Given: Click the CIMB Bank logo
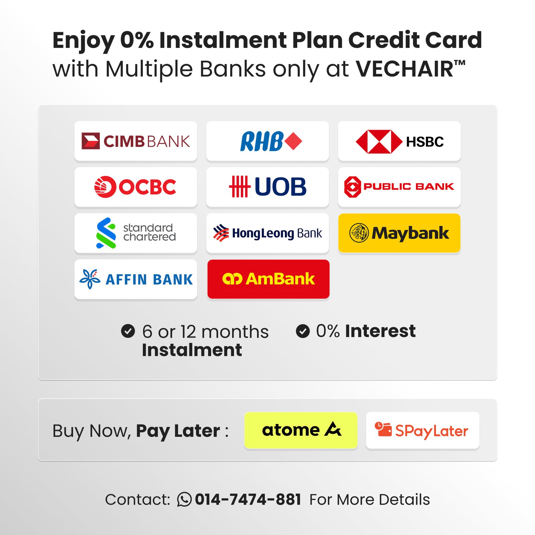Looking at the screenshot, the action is tap(136, 141).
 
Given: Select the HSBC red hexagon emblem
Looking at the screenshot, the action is tap(379, 141).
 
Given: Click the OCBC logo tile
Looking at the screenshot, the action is tap(136, 187).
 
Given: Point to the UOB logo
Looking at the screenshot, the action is tap(267, 187).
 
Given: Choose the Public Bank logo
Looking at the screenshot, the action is tap(399, 187).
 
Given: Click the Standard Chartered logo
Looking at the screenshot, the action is tap(136, 233).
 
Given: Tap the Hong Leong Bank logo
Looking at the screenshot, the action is tap(267, 233).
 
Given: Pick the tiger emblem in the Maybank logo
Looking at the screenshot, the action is tap(359, 233).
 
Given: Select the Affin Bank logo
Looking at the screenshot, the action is tap(136, 279).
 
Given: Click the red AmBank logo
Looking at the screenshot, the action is tap(269, 279).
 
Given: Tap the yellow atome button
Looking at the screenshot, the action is tap(301, 430).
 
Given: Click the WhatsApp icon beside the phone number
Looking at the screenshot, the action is tap(184, 499).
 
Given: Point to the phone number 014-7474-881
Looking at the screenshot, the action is tap(248, 500).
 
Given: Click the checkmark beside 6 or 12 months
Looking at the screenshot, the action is tap(128, 331).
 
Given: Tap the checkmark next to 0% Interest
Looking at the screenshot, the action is tap(303, 331).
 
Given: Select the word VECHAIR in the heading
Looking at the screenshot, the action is tap(404, 69).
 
